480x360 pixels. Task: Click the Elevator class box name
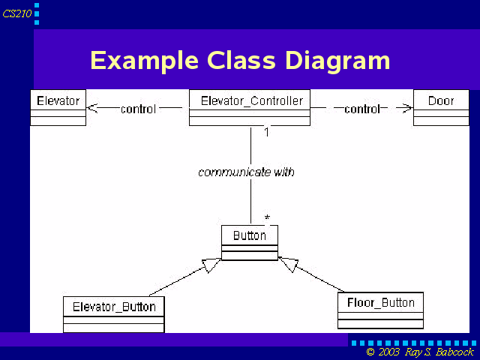[58, 100]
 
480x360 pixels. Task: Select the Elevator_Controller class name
[252, 101]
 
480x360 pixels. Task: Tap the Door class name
[441, 100]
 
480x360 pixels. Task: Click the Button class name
[250, 235]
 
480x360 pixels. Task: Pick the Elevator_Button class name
[114, 307]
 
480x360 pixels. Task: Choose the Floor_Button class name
[381, 303]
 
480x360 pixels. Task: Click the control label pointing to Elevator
[138, 109]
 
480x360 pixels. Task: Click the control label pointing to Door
[362, 109]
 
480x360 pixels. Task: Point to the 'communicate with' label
[247, 172]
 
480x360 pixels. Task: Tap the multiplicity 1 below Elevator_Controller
[267, 132]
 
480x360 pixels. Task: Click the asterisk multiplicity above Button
[267, 217]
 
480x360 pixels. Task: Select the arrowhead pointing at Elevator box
[91, 108]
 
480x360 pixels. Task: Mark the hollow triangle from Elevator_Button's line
[211, 265]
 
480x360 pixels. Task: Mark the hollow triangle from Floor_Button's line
[289, 264]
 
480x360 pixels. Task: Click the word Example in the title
[145, 61]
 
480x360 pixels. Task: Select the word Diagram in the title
[337, 61]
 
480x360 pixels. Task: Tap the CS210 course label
[16, 13]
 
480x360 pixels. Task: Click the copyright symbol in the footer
[370, 352]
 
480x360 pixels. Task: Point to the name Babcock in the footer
[454, 352]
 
